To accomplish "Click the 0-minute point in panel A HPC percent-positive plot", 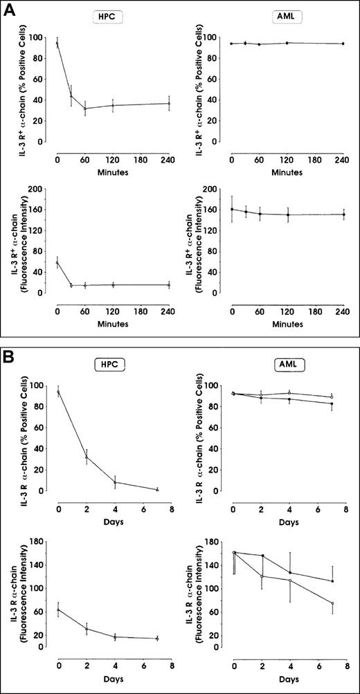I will point(57,43).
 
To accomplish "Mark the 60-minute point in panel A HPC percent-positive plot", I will point(85,108).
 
